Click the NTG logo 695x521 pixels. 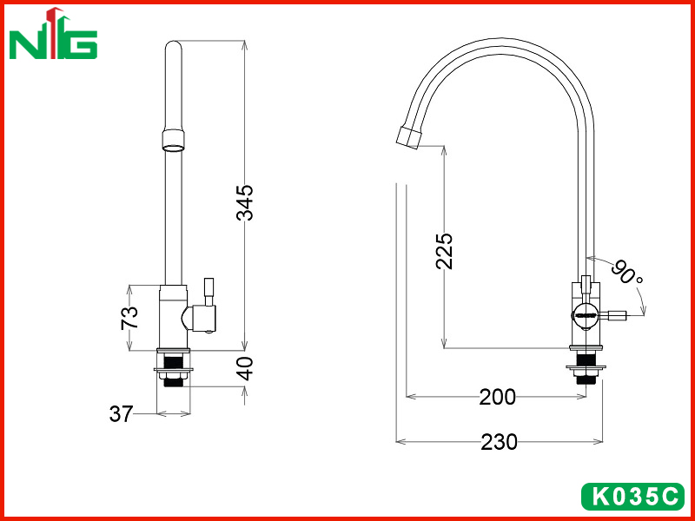[x=53, y=34]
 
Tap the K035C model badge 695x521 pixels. [x=632, y=497]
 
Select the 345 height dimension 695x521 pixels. [x=245, y=203]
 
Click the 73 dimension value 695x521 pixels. [x=129, y=318]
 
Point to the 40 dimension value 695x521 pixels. [x=244, y=368]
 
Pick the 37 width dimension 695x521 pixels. [x=121, y=414]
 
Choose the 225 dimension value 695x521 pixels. [x=444, y=251]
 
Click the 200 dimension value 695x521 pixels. [x=497, y=398]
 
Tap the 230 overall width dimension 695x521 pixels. [x=499, y=442]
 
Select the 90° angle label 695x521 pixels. [x=627, y=273]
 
